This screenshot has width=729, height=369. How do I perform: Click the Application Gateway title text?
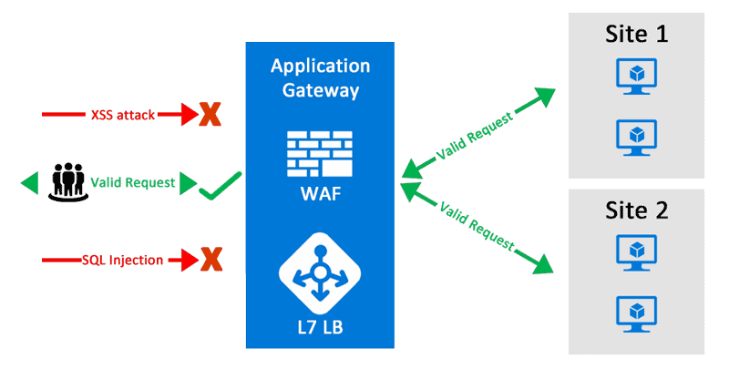pos(320,78)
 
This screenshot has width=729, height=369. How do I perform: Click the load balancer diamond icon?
pos(320,271)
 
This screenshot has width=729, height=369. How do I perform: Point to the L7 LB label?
pos(320,323)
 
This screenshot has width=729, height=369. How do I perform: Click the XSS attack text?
pos(123,115)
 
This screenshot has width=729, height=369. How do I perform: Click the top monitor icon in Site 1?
pos(637,76)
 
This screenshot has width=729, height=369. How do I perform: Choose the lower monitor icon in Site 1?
pos(637,134)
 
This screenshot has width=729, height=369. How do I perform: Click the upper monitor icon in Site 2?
pos(637,251)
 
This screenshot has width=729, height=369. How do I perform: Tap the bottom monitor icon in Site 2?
pos(637,310)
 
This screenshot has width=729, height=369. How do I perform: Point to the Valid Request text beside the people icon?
pos(132,182)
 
